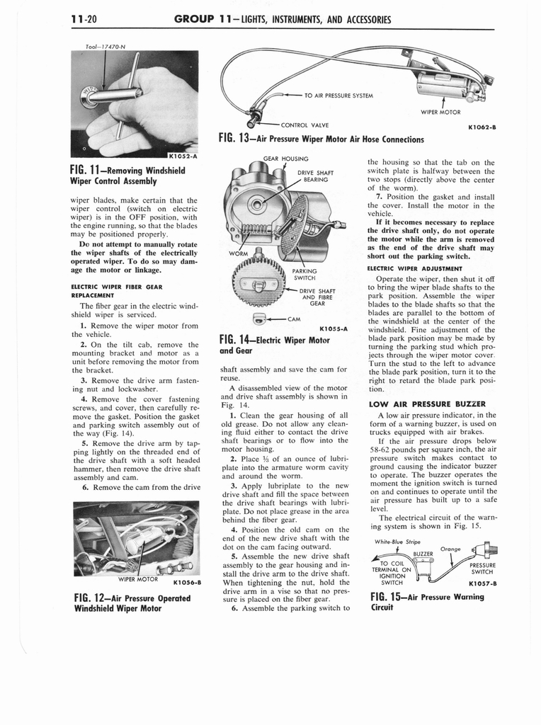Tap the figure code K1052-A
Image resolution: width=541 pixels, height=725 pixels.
[x=183, y=156]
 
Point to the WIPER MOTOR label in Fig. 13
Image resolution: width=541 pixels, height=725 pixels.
[x=440, y=112]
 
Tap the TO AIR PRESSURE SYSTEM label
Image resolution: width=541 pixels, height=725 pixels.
[x=338, y=95]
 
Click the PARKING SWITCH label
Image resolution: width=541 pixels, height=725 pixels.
[x=305, y=273]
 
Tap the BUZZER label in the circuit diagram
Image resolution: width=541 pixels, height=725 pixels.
[x=422, y=554]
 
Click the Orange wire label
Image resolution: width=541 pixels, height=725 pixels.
[x=451, y=549]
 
